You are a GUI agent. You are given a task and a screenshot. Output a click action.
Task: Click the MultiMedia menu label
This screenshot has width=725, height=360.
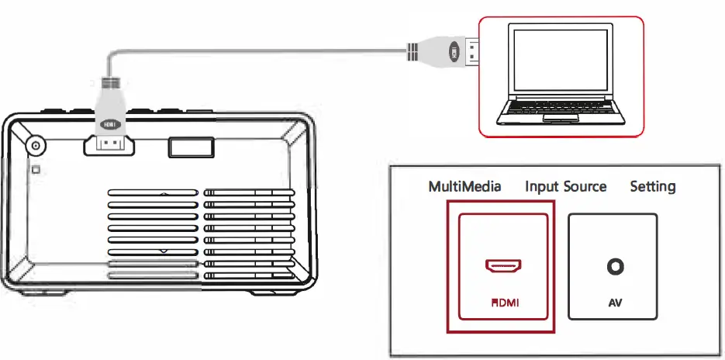click(465, 187)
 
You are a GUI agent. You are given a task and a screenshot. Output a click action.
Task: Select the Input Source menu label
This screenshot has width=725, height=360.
click(565, 187)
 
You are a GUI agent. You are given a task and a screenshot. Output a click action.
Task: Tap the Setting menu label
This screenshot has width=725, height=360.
click(652, 187)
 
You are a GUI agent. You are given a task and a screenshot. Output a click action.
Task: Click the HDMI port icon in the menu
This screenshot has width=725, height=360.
click(502, 267)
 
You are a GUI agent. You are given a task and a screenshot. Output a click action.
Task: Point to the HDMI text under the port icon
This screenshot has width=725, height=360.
click(502, 303)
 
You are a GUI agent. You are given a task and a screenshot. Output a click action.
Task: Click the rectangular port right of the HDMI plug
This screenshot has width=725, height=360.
click(190, 147)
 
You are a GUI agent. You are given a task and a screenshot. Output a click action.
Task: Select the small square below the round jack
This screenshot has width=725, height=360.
click(35, 168)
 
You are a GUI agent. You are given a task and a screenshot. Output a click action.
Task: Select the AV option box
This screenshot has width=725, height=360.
click(613, 266)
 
